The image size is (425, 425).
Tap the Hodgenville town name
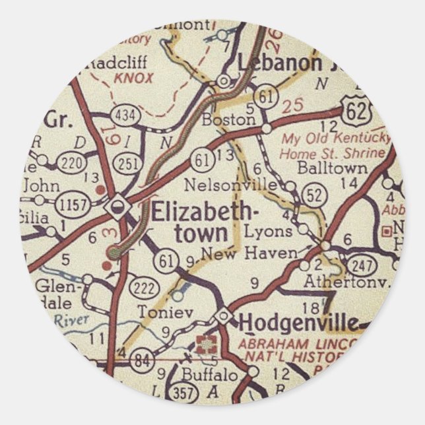(x=299, y=323)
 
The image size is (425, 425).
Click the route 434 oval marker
(x=126, y=116)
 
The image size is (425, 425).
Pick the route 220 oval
(x=69, y=163)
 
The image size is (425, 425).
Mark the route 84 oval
(x=141, y=360)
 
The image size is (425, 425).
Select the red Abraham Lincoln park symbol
(x=207, y=343)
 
